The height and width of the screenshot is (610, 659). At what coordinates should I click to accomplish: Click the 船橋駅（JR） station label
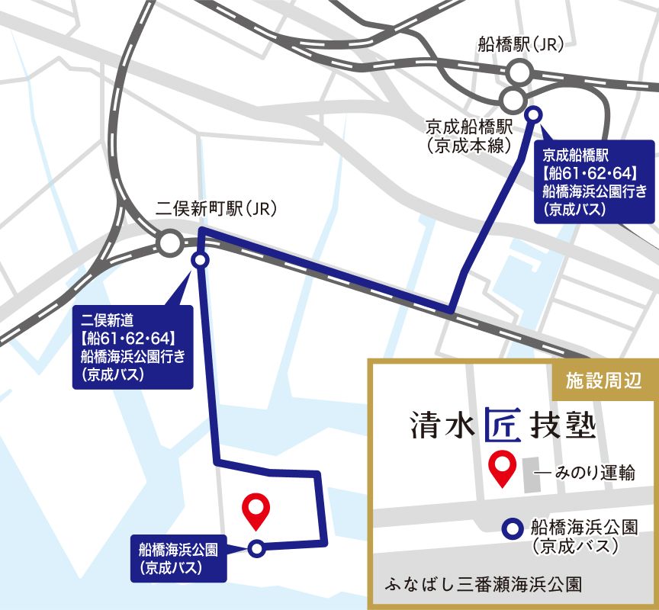520,44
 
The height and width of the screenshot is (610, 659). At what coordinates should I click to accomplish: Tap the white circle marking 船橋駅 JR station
520,73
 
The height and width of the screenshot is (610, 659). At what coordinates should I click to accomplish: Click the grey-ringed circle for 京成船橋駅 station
513,98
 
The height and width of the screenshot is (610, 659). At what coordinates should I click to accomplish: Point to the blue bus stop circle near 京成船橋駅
534,114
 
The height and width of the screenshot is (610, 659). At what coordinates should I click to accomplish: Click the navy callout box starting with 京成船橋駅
595,181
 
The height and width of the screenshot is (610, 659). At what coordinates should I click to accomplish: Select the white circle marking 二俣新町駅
169,245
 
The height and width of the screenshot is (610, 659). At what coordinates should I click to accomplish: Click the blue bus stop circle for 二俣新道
200,261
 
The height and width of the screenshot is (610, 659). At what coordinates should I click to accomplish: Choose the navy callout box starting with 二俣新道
130,347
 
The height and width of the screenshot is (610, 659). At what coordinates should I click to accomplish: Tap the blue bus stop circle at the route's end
257,547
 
